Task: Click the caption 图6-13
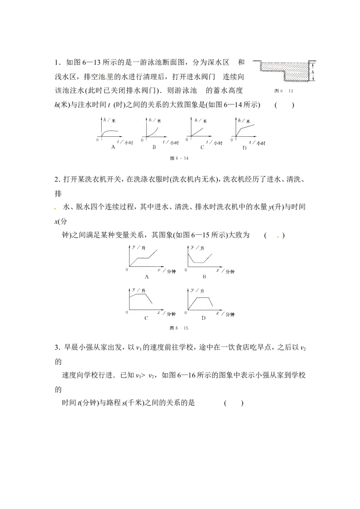[283, 91]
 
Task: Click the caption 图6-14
[179, 158]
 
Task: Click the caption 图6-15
[179, 328]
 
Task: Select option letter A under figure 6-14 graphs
[113, 147]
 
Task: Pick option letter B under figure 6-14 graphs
[154, 147]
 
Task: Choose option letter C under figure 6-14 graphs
[202, 147]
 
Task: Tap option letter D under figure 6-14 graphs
[244, 147]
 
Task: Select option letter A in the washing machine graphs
[147, 277]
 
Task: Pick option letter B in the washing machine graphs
[204, 277]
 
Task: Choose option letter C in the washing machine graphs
[146, 318]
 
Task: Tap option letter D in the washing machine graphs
[203, 318]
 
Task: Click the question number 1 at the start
[57, 63]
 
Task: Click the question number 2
[57, 179]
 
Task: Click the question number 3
[57, 348]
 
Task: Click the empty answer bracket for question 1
[284, 105]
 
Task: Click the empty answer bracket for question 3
[233, 403]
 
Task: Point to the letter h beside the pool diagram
[313, 72]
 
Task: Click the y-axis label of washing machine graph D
[197, 290]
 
